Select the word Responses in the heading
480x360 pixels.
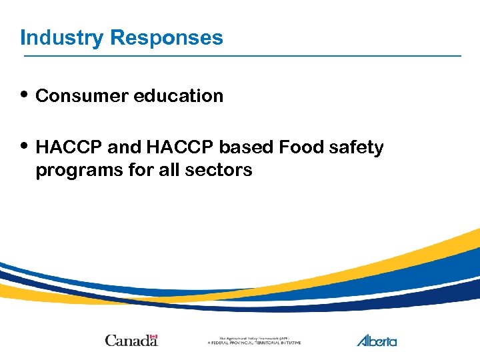pyautogui.click(x=167, y=37)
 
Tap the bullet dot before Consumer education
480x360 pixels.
pyautogui.click(x=25, y=93)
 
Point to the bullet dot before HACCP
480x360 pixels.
pyautogui.click(x=25, y=144)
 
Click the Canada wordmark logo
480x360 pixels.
pyautogui.click(x=131, y=340)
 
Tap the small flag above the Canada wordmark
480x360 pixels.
pyautogui.click(x=153, y=336)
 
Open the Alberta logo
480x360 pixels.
pyautogui.click(x=377, y=340)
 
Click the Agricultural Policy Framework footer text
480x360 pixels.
pyautogui.click(x=254, y=340)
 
